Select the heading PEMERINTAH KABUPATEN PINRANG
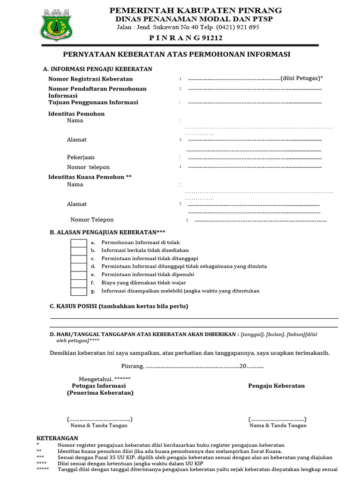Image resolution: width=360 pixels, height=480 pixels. pos(195,10)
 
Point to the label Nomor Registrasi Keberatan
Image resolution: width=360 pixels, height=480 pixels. pos(90,79)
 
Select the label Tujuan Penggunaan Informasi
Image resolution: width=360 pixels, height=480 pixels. pos(93,102)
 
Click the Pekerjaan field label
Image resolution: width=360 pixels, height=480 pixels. pos(81,157)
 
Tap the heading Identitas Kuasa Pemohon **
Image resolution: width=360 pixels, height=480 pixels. pos(90,177)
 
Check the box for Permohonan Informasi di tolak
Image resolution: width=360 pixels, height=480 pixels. pos(78,243)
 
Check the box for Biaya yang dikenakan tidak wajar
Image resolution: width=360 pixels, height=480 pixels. pos(78,283)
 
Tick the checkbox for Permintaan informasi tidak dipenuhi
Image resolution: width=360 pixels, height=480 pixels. pos(78,275)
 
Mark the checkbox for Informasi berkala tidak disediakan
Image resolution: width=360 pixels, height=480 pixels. pos(78,251)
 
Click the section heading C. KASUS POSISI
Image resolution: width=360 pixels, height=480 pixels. pos(119,307)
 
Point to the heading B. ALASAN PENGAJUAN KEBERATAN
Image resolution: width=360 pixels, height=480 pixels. pos(107,232)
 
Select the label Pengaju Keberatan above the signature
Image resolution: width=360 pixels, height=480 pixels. pos(276,386)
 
